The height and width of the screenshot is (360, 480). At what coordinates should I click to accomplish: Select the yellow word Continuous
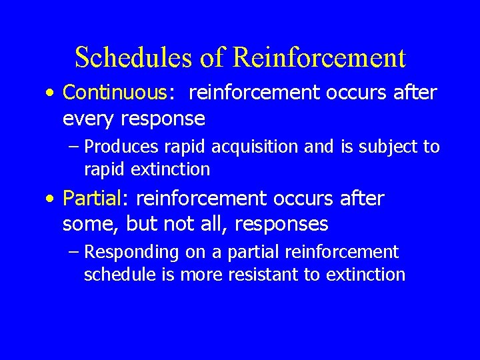[x=114, y=93]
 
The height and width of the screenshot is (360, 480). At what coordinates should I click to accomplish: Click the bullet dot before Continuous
[x=51, y=94]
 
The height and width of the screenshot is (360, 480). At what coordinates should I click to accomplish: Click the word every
[x=89, y=119]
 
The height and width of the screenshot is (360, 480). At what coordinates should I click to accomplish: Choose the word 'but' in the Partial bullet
[x=141, y=225]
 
